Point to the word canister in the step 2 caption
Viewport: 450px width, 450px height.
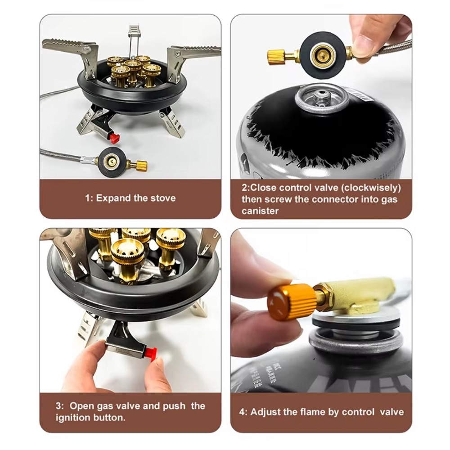260,211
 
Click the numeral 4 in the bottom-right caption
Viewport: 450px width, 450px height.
242,412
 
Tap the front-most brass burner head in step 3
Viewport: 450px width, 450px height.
127,257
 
